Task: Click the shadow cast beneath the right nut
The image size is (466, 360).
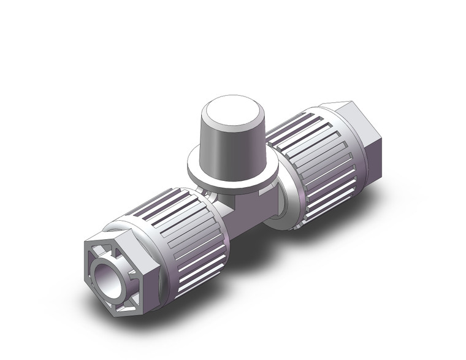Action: click(343, 209)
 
